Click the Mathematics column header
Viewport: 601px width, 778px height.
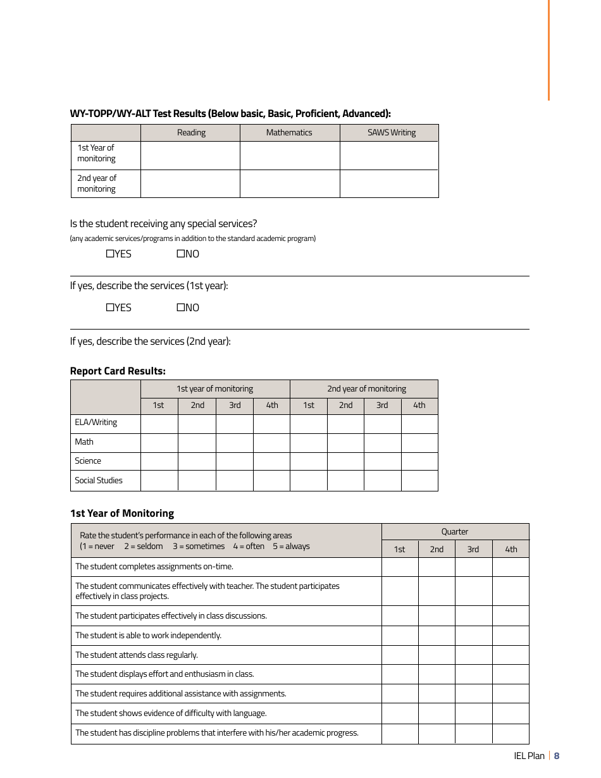click(x=289, y=133)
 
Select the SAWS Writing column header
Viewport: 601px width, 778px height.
click(x=391, y=133)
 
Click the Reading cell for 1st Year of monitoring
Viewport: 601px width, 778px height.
click(x=190, y=156)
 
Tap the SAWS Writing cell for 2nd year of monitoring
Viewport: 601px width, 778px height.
click(x=389, y=183)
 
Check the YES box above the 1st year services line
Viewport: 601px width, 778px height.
click(x=110, y=254)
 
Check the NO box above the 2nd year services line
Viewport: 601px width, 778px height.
click(x=180, y=307)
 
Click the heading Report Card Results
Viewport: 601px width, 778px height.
click(x=118, y=371)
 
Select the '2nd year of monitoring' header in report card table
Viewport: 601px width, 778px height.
click(x=366, y=389)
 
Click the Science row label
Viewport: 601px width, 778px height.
click(x=88, y=461)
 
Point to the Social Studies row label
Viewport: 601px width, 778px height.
click(x=99, y=481)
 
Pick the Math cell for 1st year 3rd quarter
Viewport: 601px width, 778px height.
click(x=235, y=442)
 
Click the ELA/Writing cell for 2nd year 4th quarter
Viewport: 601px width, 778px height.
click(x=419, y=423)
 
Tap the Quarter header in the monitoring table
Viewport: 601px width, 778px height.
click(x=455, y=532)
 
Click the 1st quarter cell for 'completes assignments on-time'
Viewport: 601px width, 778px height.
click(x=400, y=567)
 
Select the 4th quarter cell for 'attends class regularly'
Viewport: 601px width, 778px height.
click(x=511, y=655)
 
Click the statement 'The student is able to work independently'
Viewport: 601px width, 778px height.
click(x=148, y=636)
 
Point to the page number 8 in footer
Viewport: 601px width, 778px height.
click(x=557, y=756)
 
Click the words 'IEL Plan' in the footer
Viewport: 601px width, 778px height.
click(x=529, y=756)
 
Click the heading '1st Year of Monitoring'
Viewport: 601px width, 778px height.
click(x=121, y=514)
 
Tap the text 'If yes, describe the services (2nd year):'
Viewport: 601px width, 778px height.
click(x=150, y=342)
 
